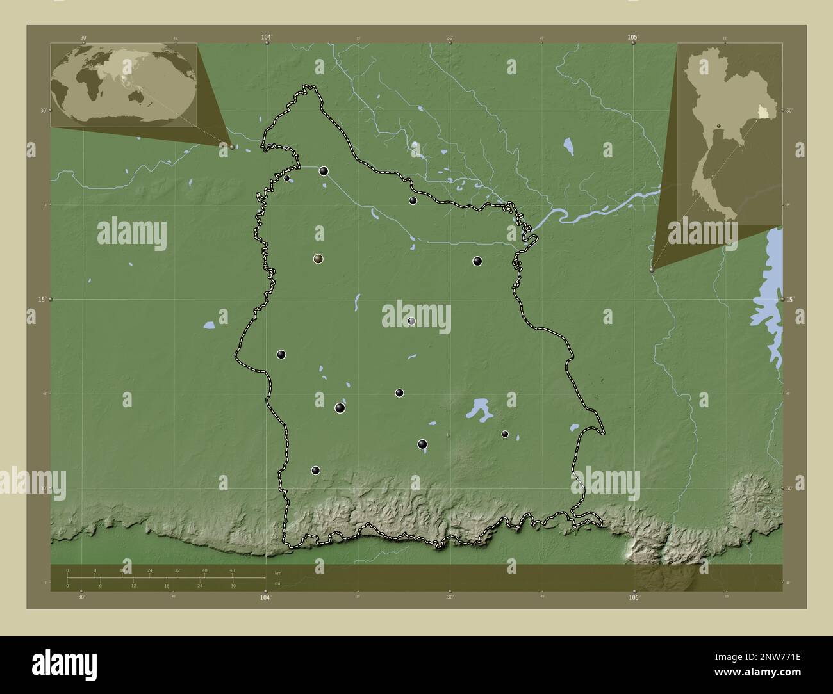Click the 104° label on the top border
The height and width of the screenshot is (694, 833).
(x=266, y=38)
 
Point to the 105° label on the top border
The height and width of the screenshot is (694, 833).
(x=633, y=38)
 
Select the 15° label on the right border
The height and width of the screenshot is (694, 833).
(x=791, y=299)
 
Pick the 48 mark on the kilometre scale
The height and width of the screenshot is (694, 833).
(x=232, y=570)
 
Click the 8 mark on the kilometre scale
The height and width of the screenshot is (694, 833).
(x=95, y=570)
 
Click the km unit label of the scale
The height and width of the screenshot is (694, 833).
(x=277, y=572)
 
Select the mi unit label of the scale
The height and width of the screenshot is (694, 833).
(x=277, y=583)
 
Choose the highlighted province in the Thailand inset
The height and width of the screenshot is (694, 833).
(x=762, y=113)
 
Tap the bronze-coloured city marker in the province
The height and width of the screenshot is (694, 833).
(x=318, y=259)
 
